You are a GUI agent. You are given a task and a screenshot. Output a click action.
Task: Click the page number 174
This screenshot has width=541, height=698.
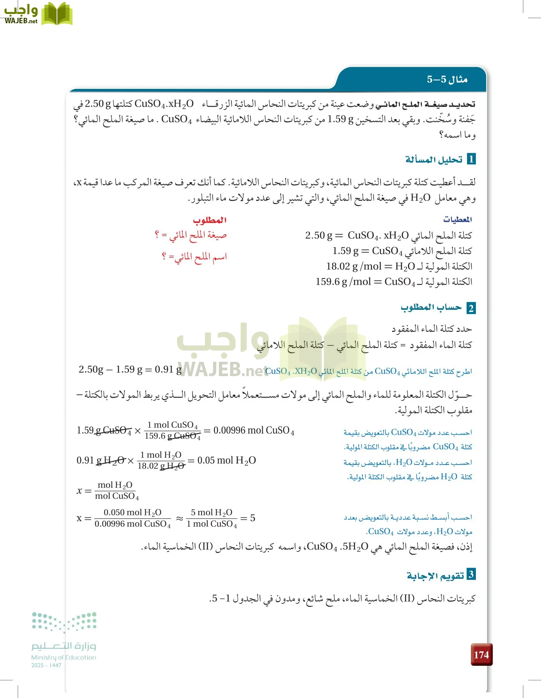pos(481,655)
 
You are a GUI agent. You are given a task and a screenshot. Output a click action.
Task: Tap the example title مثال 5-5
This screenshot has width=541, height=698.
pos(447,79)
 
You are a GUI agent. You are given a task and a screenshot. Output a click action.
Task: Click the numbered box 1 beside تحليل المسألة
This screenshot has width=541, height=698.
pos(471,159)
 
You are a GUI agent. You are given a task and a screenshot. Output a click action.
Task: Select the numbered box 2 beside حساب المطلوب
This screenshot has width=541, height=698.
pos(471,308)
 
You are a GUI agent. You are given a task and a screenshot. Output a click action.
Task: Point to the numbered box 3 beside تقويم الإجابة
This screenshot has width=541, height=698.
pos(471,574)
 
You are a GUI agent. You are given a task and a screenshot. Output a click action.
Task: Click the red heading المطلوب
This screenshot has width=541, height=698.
pos(210,220)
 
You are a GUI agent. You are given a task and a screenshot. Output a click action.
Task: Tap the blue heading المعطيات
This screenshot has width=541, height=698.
pos(457,219)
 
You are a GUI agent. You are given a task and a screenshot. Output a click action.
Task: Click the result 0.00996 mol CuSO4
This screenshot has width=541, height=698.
pos(254,430)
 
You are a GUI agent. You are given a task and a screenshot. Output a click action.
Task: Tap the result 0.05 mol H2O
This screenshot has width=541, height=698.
pos(227,460)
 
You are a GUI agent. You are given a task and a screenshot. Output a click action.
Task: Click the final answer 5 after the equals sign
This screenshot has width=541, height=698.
pos(253,518)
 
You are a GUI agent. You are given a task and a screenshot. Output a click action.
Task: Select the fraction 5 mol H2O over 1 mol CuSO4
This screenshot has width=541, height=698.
pos(212,518)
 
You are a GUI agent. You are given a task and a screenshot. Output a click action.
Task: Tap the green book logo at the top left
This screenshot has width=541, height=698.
pos(57,14)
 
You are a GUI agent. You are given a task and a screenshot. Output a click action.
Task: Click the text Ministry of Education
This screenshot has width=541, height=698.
pos(64,657)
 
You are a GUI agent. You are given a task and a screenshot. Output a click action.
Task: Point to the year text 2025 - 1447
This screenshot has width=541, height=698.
pos(46,665)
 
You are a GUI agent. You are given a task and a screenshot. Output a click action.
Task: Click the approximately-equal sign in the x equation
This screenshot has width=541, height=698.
pos(179,518)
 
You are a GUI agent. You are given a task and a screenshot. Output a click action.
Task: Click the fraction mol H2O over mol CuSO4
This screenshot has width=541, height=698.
pos(116,491)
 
